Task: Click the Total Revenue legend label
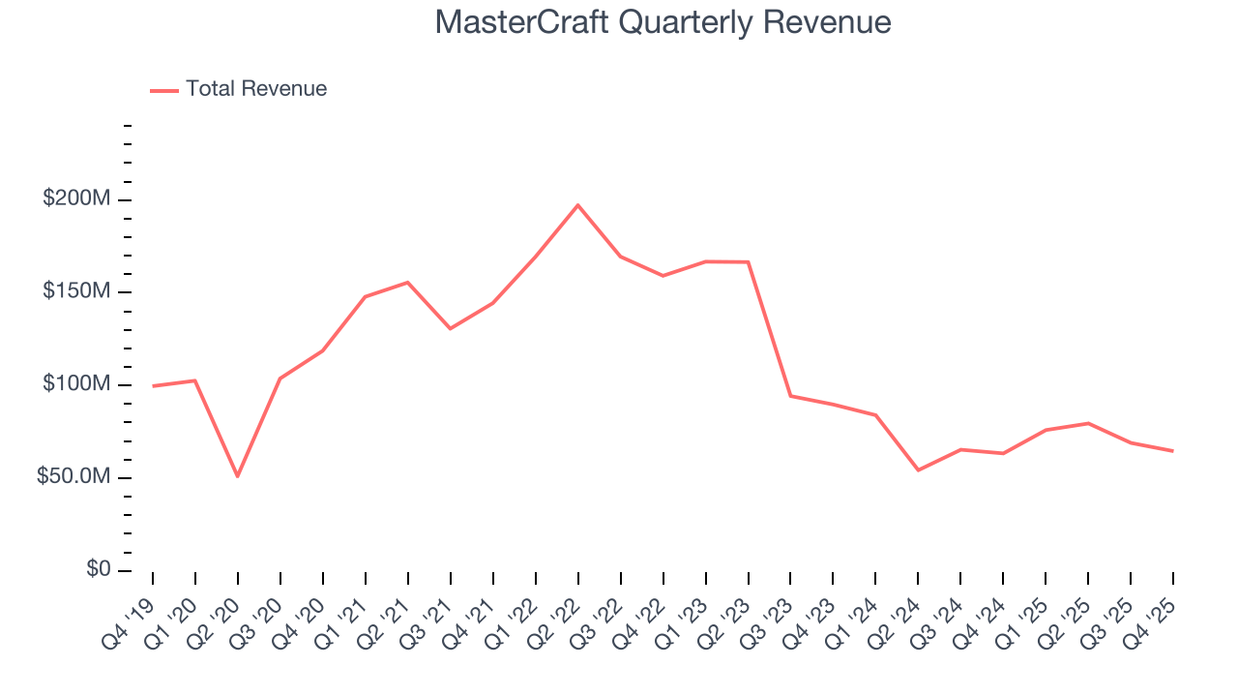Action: click(256, 89)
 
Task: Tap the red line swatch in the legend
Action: click(164, 90)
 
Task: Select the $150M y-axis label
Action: click(76, 292)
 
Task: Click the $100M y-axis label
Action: click(76, 385)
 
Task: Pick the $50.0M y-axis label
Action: click(74, 478)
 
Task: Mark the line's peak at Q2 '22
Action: click(577, 205)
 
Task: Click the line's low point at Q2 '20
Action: click(237, 476)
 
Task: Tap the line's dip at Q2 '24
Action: click(918, 470)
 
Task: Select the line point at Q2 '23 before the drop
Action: click(748, 262)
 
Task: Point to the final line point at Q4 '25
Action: click(1173, 451)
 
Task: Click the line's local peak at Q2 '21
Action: click(407, 283)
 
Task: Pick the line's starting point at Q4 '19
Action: click(153, 386)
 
